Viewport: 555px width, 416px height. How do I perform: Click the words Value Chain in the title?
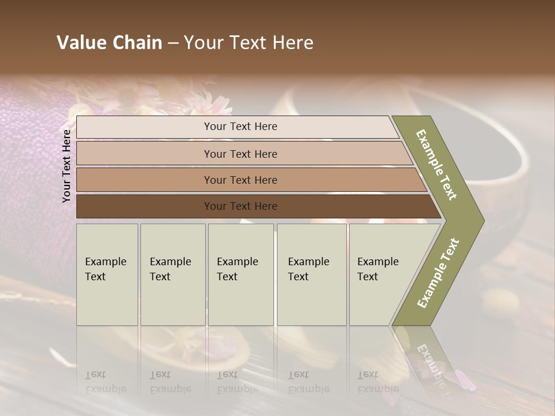click(109, 43)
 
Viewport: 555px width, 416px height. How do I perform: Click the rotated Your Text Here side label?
click(66, 166)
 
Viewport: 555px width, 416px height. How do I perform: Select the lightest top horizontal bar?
click(237, 127)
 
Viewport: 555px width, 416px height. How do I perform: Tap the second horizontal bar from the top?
click(243, 154)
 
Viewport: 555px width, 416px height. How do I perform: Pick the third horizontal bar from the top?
click(249, 180)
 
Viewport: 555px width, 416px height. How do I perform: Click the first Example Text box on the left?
click(107, 274)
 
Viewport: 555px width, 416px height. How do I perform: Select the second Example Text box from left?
click(173, 274)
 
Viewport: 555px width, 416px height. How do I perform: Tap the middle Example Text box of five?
click(240, 274)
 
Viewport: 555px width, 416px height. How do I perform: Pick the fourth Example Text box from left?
click(312, 274)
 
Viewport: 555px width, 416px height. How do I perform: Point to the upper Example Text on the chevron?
click(437, 165)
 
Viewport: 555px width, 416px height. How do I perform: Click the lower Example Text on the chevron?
click(438, 273)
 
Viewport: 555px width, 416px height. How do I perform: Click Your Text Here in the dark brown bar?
click(240, 206)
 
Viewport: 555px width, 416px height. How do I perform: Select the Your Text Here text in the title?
click(249, 43)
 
